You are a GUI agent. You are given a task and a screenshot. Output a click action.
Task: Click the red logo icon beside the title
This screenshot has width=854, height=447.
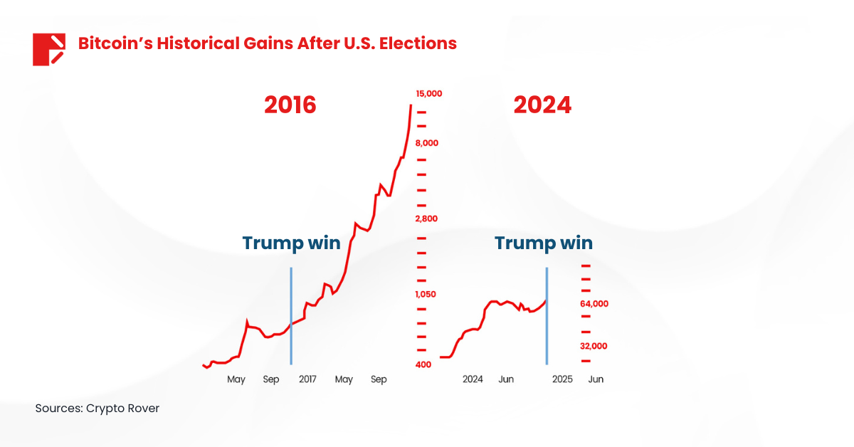click(48, 49)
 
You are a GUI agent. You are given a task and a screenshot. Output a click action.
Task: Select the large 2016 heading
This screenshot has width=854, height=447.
click(290, 105)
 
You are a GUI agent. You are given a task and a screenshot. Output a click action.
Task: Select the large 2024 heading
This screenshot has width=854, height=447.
click(542, 105)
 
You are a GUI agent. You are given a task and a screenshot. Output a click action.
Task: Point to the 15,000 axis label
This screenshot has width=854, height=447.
click(429, 93)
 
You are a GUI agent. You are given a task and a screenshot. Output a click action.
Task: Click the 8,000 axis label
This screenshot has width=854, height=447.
click(427, 143)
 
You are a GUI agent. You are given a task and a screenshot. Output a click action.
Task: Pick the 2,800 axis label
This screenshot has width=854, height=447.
click(427, 219)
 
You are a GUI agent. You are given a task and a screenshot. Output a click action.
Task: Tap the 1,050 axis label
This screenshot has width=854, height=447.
click(426, 294)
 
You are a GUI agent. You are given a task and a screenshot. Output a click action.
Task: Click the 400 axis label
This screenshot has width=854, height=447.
click(423, 365)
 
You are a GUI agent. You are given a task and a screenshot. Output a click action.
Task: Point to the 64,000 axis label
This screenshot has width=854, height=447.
click(594, 304)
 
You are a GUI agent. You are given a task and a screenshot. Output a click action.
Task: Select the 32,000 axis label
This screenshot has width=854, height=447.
click(594, 347)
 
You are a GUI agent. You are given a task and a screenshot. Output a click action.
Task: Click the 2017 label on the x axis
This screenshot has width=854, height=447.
click(307, 379)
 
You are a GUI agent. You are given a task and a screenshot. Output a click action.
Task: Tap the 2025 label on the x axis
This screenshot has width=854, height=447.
click(562, 379)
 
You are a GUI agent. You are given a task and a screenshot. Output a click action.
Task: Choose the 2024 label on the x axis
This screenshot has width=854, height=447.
click(473, 379)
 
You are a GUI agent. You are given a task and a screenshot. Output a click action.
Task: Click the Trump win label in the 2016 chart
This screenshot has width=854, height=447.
click(291, 243)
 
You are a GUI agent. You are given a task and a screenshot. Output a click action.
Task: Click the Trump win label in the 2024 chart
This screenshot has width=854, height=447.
click(544, 243)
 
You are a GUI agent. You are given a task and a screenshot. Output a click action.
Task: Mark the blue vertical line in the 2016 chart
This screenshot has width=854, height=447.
click(291, 317)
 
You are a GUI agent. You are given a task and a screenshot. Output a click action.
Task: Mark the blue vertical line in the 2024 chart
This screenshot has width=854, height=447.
click(547, 317)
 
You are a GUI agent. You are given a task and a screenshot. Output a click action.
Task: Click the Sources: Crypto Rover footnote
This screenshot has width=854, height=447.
click(97, 409)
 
